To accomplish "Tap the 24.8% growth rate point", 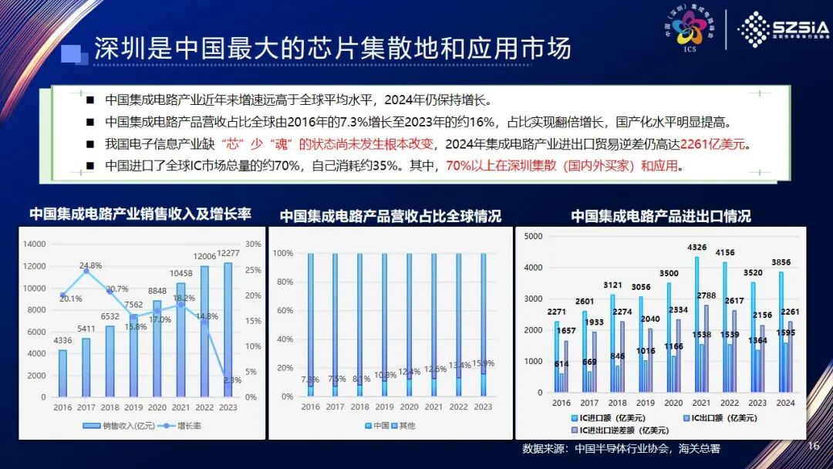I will pyautogui.click(x=86, y=271).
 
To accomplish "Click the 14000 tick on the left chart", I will pyautogui.click(x=35, y=245).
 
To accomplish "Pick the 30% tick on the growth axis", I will pyautogui.click(x=252, y=245).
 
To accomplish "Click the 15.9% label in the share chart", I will pyautogui.click(x=483, y=363).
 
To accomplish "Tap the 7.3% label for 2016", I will pyautogui.click(x=310, y=380).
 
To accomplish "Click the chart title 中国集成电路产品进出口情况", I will pyautogui.click(x=661, y=216).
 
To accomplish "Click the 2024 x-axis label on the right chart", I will pyautogui.click(x=785, y=402).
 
